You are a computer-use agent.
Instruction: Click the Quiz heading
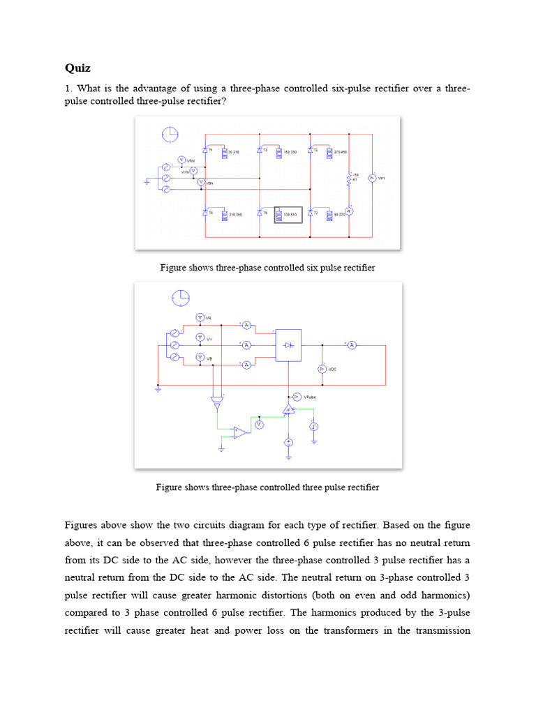pos(77,68)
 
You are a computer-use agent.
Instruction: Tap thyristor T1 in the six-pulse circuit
pos(206,150)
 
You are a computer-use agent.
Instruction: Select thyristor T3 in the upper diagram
pos(259,150)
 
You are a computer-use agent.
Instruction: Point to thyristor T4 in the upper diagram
pos(206,213)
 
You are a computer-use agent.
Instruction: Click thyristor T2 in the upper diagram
pos(313,213)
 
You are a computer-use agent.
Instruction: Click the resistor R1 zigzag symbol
pos(348,179)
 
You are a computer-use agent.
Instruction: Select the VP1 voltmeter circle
pos(372,178)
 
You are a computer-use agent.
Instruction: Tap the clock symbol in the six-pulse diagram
pos(169,134)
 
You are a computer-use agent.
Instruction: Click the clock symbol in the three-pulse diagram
pos(180,298)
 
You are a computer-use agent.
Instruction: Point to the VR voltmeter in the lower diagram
pos(200,317)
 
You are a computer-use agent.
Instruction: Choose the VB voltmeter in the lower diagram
pos(200,357)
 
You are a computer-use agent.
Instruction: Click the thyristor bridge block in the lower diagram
pos(288,345)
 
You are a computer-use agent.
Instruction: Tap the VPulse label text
pos(311,397)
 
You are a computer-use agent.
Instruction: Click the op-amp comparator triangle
pos(239,432)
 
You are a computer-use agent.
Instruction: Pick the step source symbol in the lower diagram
pos(314,425)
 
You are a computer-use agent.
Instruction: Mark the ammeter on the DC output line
pos(352,344)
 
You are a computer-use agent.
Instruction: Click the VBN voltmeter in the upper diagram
pos(200,182)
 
